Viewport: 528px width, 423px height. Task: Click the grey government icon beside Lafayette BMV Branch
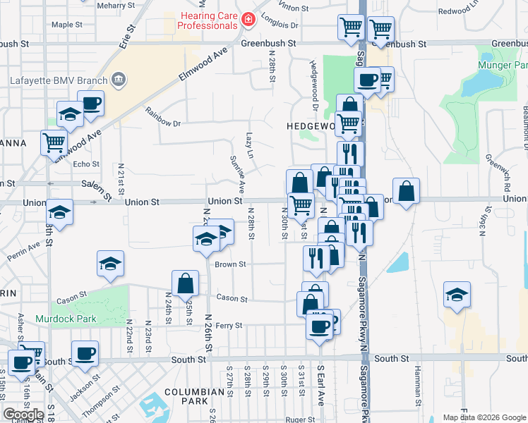(119, 79)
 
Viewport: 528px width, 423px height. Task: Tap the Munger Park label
(503, 64)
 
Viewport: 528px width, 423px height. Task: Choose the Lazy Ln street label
(249, 145)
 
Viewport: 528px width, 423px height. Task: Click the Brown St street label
(230, 264)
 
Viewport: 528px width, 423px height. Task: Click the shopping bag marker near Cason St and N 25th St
(185, 284)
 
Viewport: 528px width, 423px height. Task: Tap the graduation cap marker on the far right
(457, 294)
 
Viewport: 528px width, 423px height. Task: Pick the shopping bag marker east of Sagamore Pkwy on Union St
(407, 191)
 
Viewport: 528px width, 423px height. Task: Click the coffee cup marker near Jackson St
(85, 353)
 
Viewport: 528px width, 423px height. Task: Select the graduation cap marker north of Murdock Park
(110, 264)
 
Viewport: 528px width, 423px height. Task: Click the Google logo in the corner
(23, 415)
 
